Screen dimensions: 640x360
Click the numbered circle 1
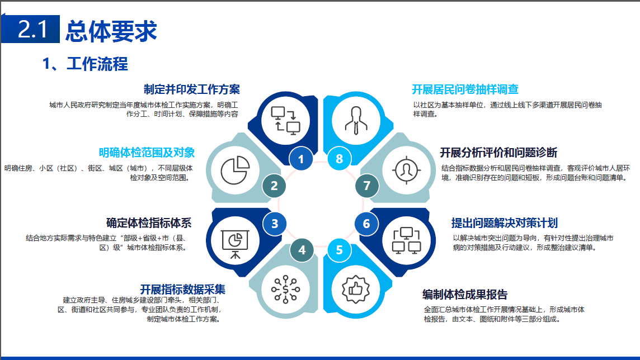pyautogui.click(x=301, y=159)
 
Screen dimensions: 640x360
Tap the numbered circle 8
pyautogui.click(x=339, y=159)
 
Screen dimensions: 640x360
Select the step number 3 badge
pyautogui.click(x=274, y=224)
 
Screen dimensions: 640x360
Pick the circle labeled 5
pyautogui.click(x=339, y=250)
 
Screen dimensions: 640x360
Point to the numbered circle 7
pyautogui.click(x=366, y=186)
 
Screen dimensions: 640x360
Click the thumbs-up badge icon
pyautogui.click(x=355, y=290)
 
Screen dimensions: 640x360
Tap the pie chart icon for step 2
pyautogui.click(x=235, y=170)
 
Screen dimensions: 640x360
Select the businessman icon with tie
pyautogui.click(x=356, y=121)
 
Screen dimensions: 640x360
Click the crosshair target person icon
pyautogui.click(x=407, y=170)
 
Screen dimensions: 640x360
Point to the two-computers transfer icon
pyautogui.click(x=286, y=121)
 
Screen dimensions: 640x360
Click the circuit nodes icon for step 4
pyautogui.click(x=286, y=290)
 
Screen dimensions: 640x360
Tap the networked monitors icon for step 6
pyautogui.click(x=407, y=240)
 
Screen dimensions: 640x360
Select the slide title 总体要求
pyautogui.click(x=111, y=31)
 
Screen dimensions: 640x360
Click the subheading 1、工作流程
pyautogui.click(x=85, y=64)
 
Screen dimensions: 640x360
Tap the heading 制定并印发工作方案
pyautogui.click(x=192, y=89)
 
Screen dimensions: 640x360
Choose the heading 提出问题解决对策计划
pyautogui.click(x=505, y=223)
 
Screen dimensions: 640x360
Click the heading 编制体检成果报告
pyautogui.click(x=465, y=295)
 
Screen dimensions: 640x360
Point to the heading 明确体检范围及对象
pyautogui.click(x=147, y=153)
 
